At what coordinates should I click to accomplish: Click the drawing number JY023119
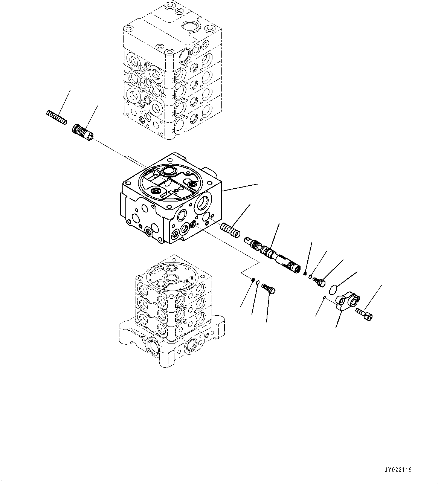pos(398,470)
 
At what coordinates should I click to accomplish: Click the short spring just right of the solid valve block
pos(230,230)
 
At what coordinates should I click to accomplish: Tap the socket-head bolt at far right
pos(364,313)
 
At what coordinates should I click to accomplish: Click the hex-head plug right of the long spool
pos(319,281)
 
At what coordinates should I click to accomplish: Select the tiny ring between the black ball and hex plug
pos(310,277)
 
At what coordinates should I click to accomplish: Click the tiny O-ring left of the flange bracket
pos(324,298)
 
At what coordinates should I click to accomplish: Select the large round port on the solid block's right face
pos(203,203)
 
